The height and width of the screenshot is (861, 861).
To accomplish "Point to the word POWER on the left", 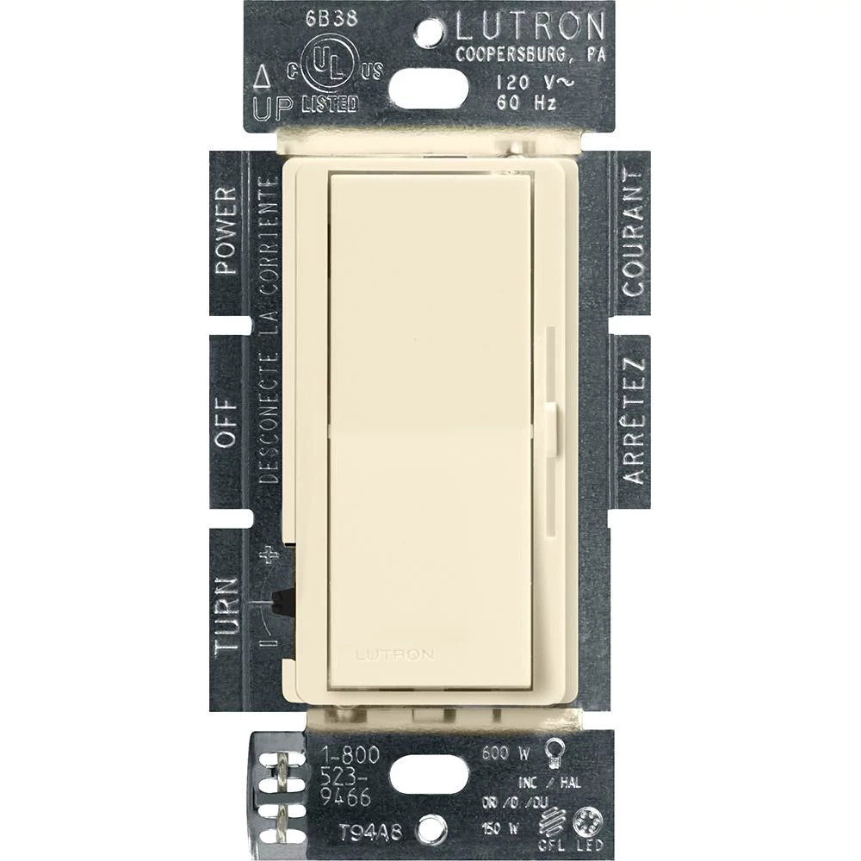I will click(226, 230).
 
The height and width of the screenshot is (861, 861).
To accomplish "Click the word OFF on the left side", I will click(226, 422).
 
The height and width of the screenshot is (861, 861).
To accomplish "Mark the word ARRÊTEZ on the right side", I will click(634, 421).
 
